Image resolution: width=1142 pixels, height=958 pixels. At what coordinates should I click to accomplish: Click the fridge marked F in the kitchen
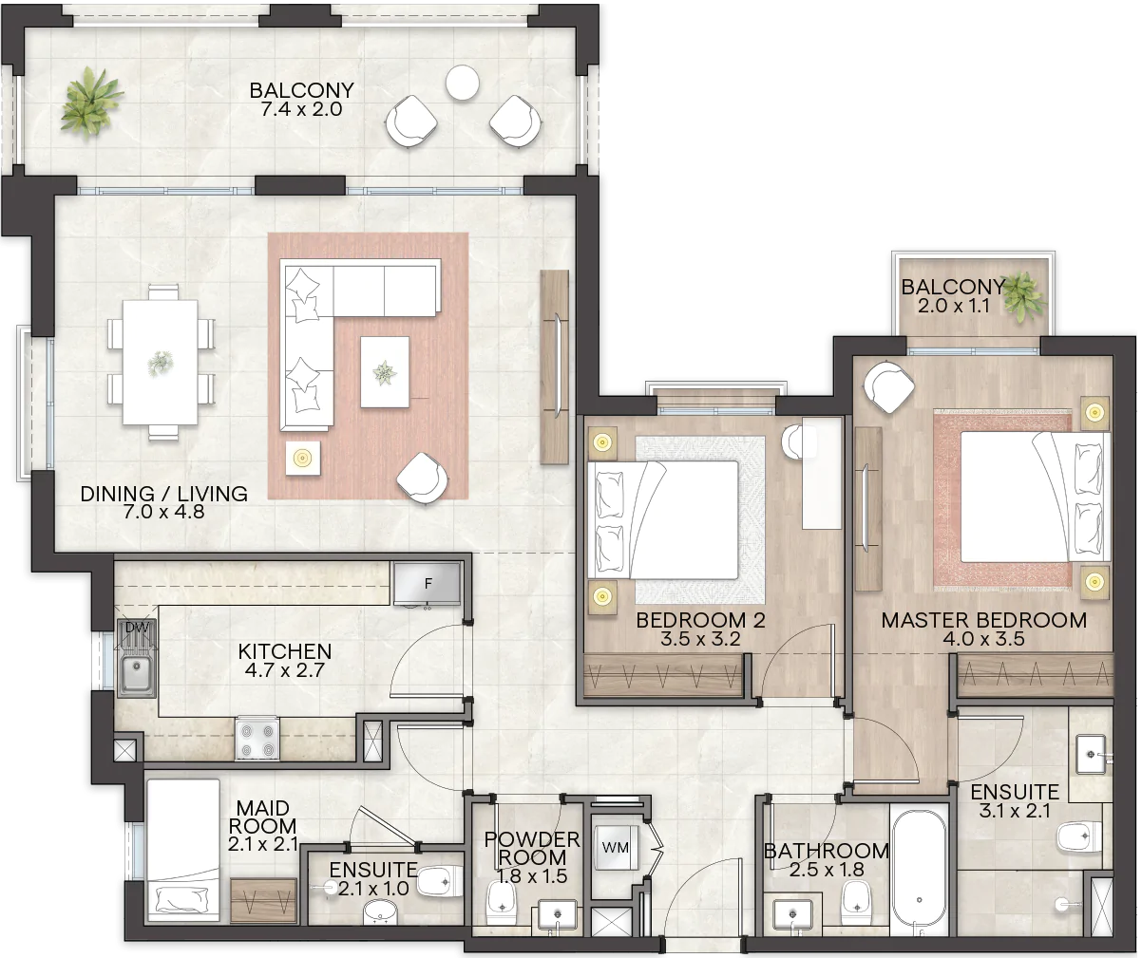(x=428, y=584)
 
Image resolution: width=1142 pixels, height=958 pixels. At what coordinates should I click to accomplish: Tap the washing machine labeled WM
(x=616, y=848)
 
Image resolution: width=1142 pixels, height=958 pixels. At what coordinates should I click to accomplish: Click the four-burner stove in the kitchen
(x=257, y=739)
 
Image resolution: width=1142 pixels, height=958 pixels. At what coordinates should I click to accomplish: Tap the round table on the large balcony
(x=462, y=83)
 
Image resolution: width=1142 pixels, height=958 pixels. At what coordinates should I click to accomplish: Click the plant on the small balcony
(x=1024, y=297)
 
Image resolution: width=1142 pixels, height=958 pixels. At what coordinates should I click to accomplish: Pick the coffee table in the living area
(x=385, y=371)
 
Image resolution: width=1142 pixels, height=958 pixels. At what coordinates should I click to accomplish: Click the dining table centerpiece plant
(x=161, y=363)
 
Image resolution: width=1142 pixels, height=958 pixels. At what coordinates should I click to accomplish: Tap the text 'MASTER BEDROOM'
(x=984, y=620)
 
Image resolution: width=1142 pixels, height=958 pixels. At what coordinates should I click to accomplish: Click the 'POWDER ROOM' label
(x=532, y=848)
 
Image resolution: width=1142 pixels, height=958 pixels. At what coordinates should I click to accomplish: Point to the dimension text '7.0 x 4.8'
(x=163, y=512)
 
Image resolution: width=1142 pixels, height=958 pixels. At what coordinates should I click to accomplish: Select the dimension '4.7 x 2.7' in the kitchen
(x=284, y=670)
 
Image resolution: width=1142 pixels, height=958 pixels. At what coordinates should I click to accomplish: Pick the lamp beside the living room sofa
(x=302, y=458)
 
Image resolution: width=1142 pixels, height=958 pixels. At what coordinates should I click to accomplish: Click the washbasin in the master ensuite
(x=1091, y=755)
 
